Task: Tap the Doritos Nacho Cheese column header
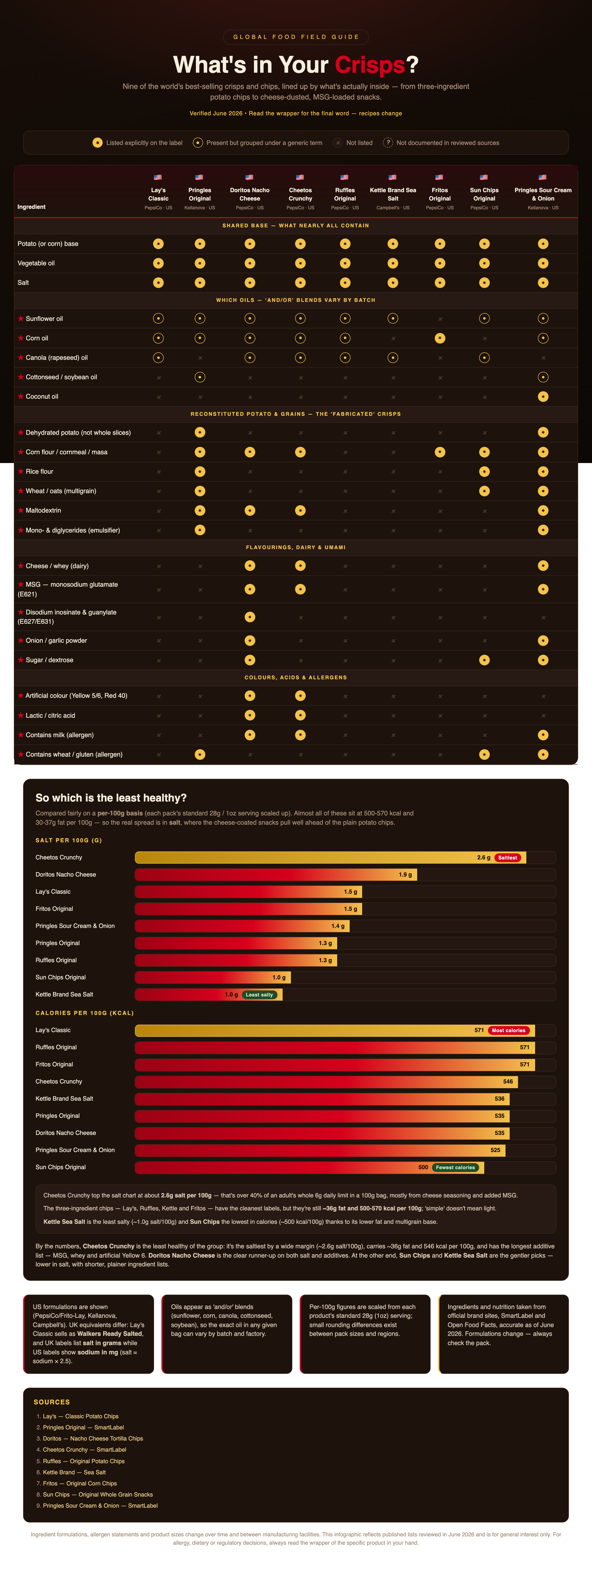click(x=249, y=194)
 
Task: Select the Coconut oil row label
click(x=42, y=397)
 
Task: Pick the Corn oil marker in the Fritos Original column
click(x=440, y=338)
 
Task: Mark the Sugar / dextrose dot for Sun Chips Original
click(x=484, y=660)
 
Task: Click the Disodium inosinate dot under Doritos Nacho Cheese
click(x=249, y=617)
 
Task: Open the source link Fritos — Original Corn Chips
click(x=80, y=1484)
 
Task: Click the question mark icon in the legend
click(x=388, y=143)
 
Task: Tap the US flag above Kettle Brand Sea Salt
click(x=393, y=178)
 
